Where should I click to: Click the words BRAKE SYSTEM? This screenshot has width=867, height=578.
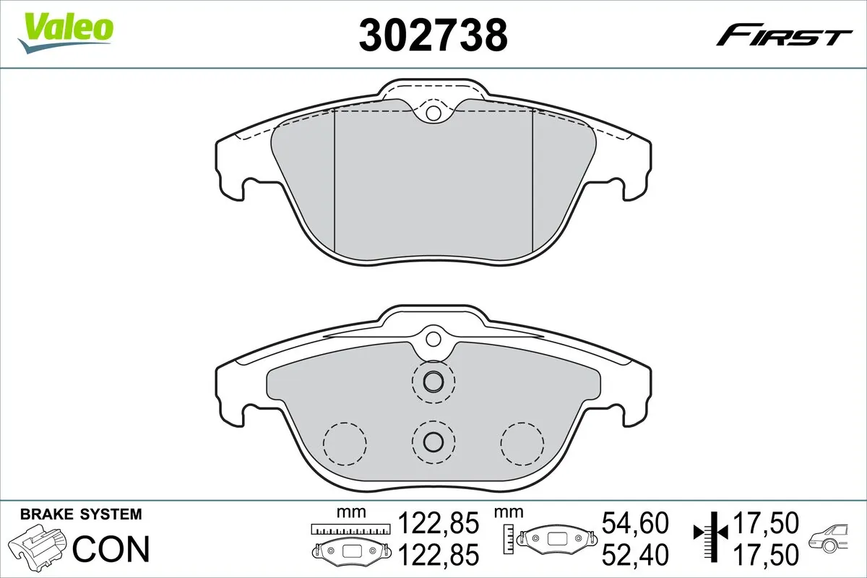(x=81, y=514)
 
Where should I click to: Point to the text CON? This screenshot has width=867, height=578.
(x=112, y=548)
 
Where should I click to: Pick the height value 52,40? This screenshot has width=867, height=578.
(x=635, y=554)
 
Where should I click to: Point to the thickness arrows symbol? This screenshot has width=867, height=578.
(x=712, y=534)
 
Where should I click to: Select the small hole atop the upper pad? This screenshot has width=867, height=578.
(x=433, y=113)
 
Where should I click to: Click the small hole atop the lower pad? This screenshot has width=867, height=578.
(x=433, y=338)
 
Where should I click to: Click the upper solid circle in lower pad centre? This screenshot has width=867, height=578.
(x=433, y=381)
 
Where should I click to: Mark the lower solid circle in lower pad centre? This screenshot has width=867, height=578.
(x=433, y=441)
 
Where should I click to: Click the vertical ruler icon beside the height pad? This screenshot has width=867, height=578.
(x=510, y=536)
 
